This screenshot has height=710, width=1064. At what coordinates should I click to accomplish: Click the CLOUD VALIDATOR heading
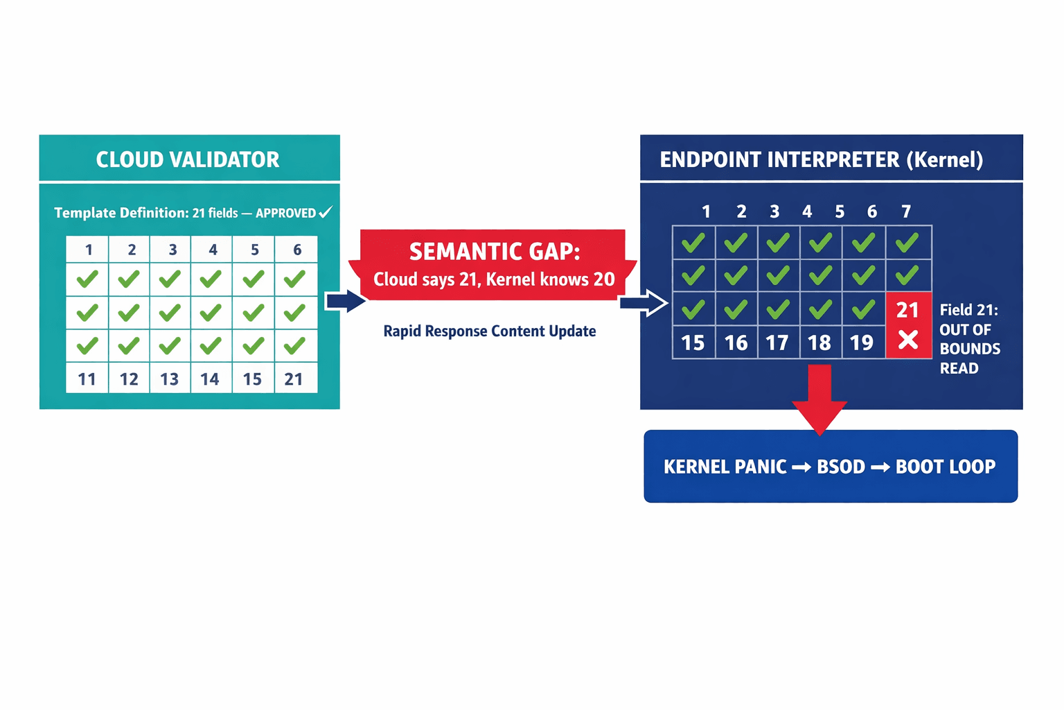[x=188, y=159]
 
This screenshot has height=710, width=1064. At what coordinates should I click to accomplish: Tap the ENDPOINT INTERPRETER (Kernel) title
[x=821, y=159]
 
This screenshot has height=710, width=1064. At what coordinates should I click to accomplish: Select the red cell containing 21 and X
[x=908, y=325]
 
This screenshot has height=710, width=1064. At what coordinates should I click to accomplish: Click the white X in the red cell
[x=908, y=340]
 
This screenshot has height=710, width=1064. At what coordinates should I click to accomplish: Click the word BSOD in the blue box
[x=840, y=467]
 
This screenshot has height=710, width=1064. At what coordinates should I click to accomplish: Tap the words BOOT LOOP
[x=945, y=467]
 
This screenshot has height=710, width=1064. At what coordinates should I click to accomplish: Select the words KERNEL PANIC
[x=725, y=467]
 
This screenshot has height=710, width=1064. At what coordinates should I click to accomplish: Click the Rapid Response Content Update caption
[x=489, y=331]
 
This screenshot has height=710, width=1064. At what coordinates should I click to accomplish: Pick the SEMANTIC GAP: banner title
[x=494, y=251]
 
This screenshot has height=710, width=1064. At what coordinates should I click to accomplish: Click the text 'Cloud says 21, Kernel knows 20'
[x=494, y=279]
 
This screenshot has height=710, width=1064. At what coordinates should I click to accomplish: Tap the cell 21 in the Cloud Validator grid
[x=294, y=379]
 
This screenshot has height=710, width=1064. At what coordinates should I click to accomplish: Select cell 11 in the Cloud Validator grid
[x=87, y=379]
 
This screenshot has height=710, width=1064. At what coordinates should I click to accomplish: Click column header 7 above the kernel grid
[x=906, y=211]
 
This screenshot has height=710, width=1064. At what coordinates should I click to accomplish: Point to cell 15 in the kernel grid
[x=693, y=343]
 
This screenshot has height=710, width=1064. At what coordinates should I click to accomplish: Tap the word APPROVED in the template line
[x=285, y=213]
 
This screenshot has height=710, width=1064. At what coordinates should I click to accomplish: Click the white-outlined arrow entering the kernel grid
[x=644, y=302]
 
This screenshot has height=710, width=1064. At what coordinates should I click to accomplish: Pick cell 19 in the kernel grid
[x=862, y=343]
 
